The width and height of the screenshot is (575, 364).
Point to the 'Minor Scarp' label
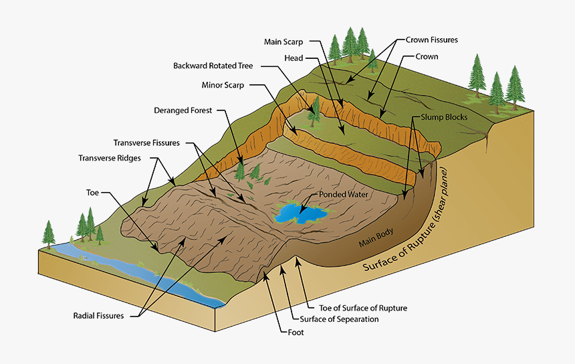pos(223,86)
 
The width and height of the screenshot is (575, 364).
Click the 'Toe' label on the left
pos(92,192)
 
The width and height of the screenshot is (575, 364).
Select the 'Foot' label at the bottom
pos(292,331)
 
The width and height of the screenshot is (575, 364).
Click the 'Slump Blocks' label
pos(444,116)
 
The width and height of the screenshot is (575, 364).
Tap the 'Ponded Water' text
pos(344,195)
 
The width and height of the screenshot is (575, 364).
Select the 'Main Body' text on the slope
pos(375,237)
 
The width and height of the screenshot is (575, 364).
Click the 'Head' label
pos(294,58)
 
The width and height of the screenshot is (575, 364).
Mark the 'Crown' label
pos(427,57)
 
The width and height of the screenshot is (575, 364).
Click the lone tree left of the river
pos(48,232)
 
